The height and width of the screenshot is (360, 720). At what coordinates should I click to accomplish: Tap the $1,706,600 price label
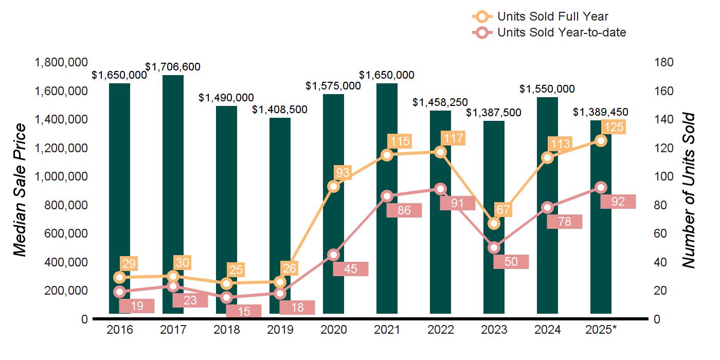[x=173, y=67]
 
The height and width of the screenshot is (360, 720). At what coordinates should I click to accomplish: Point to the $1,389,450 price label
[x=601, y=112]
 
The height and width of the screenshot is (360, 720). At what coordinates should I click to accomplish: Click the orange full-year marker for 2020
[x=333, y=186]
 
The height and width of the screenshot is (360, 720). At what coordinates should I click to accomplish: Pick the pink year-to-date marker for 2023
[x=494, y=247]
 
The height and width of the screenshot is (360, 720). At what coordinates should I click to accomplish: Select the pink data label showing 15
[x=244, y=312]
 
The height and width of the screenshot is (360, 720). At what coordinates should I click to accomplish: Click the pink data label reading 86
[x=404, y=210]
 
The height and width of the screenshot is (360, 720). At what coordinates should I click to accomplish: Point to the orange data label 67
[x=503, y=210]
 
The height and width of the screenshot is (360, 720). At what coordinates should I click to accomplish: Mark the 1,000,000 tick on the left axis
[x=60, y=176]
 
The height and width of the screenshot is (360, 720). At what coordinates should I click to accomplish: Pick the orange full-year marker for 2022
[x=440, y=152]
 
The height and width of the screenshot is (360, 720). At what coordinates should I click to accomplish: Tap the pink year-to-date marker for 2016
[x=119, y=292]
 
